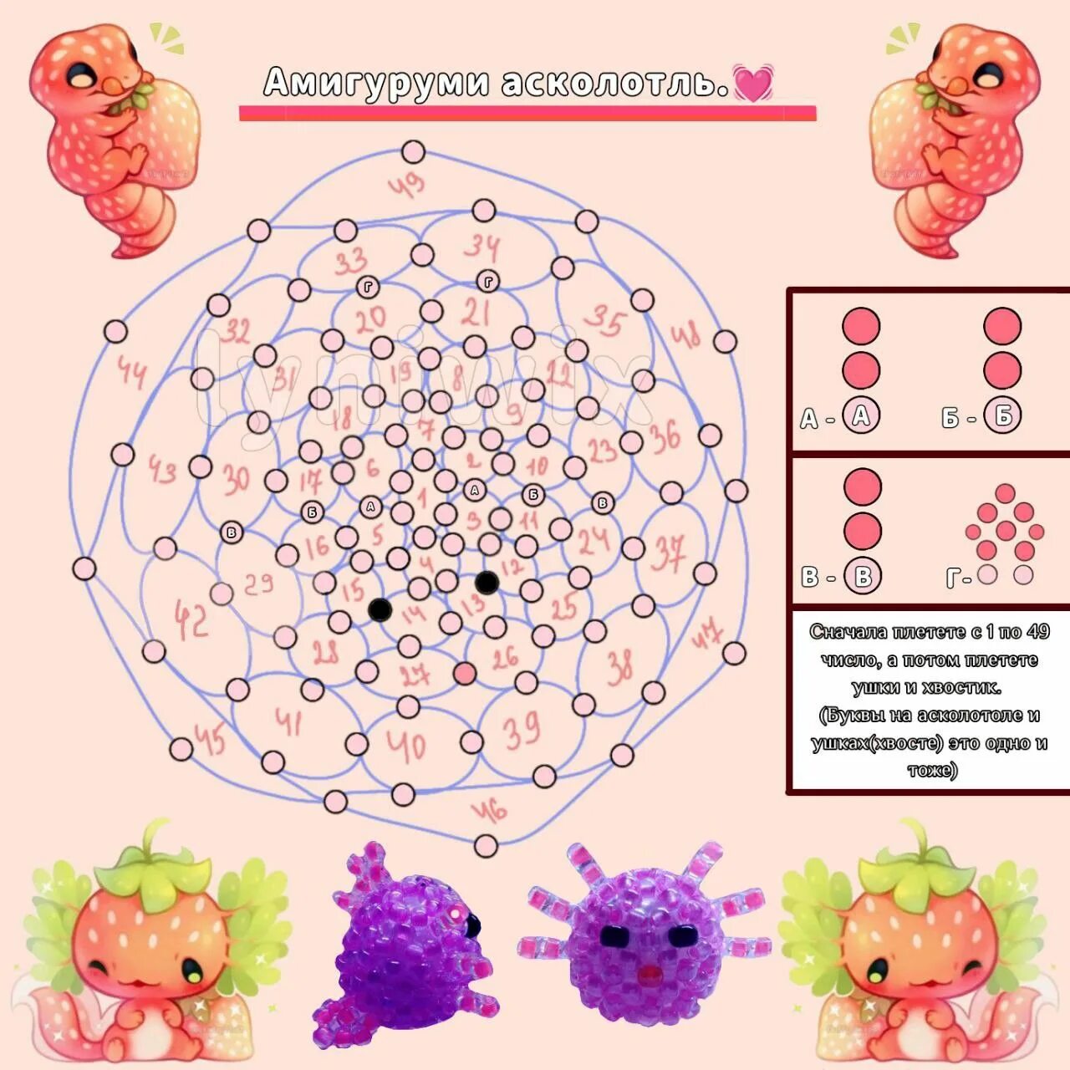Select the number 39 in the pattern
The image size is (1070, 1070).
pos(522,731)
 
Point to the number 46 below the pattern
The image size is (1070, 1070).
pos(490,809)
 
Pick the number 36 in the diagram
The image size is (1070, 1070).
pos(665,436)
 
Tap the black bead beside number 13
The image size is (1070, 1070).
pos(487,583)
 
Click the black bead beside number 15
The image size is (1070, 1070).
pos(380,609)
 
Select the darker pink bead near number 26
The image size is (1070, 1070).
pos(464,673)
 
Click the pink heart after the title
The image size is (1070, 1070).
pos(752,83)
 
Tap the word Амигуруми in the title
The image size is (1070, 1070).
pos(376,83)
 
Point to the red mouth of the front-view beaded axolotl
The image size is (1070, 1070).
pos(648,975)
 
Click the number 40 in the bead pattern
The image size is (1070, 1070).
pos(407,746)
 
